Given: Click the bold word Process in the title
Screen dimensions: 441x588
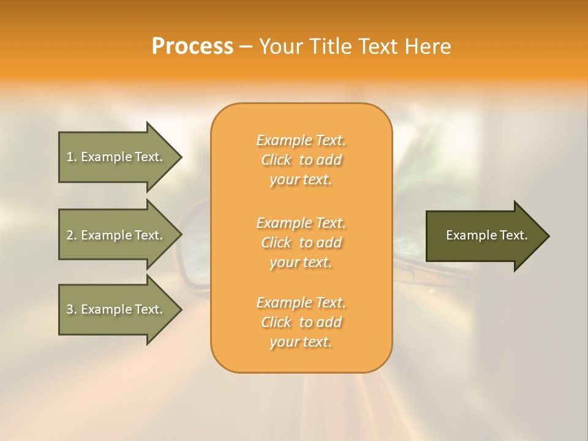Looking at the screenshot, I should click(x=192, y=47).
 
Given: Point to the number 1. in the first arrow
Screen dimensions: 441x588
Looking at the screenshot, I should click(x=72, y=157).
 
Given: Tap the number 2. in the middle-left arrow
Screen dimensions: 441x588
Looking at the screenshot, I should click(x=72, y=235).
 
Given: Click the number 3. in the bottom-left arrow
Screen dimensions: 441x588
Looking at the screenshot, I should click(x=72, y=309).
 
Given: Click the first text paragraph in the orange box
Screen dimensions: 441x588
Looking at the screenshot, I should click(x=301, y=160).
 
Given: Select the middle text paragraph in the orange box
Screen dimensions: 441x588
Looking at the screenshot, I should click(x=301, y=243).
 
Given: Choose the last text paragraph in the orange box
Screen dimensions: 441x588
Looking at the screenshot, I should click(x=301, y=322).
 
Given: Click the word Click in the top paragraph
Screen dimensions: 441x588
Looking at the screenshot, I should click(x=276, y=160).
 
